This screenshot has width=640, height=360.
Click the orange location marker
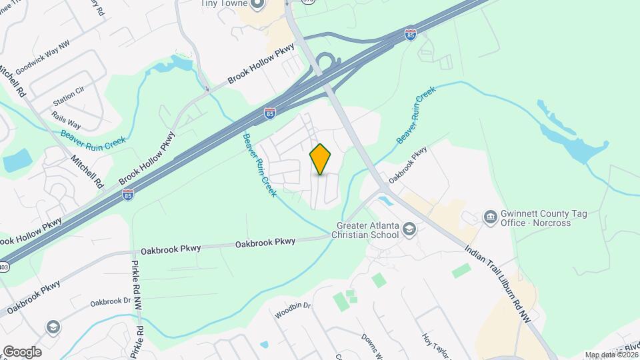[x=320, y=159]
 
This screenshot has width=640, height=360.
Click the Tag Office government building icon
[x=490, y=217]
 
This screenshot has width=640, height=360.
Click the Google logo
[x=21, y=351]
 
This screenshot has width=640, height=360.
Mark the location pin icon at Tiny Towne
[x=258, y=5]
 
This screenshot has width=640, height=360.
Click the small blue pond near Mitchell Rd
[x=17, y=160]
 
